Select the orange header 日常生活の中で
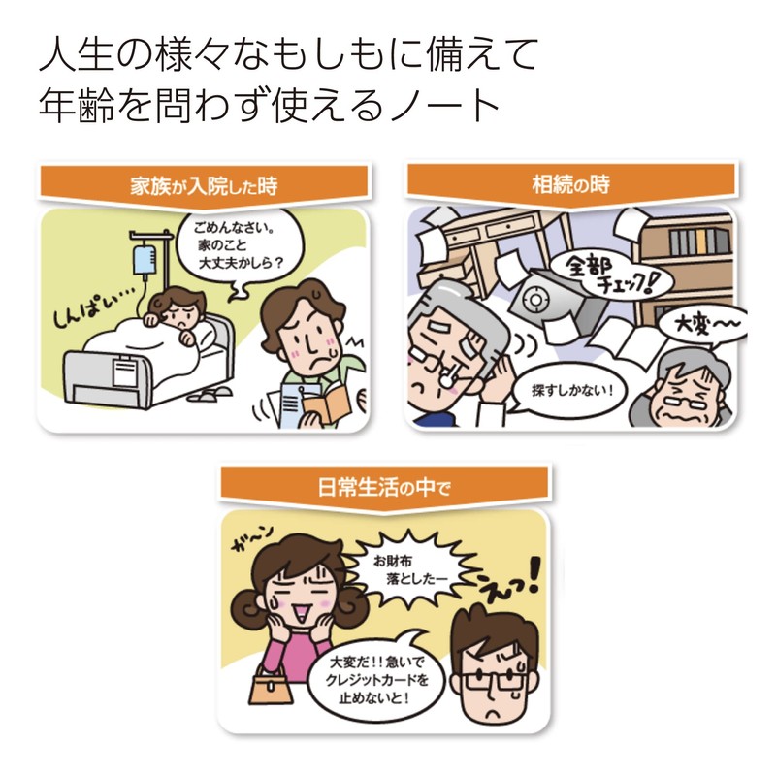[385, 486]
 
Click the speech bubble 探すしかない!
[572, 392]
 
